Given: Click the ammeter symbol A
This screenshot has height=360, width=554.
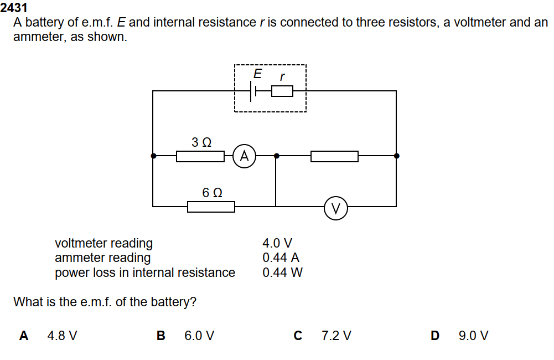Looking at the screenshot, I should (x=244, y=156).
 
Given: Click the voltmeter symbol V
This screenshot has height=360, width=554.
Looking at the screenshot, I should (x=335, y=208).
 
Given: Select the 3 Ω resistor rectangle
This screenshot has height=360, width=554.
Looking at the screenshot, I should (x=200, y=156).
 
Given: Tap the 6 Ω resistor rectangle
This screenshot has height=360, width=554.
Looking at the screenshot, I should (x=211, y=207).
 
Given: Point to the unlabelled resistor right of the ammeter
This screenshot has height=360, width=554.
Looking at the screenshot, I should (x=334, y=156).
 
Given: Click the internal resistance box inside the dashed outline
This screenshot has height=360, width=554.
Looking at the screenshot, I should (x=282, y=91).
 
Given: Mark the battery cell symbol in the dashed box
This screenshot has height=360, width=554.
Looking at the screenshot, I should (x=254, y=91).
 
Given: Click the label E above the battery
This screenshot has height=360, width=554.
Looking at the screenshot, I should (x=257, y=74).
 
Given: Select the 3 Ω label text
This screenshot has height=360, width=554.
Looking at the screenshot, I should (x=201, y=142).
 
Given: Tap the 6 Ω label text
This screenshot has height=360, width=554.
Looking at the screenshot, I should (x=213, y=193).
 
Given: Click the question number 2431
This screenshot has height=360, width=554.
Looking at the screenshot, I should (x=14, y=8).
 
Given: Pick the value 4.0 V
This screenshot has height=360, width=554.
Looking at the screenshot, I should (x=277, y=243).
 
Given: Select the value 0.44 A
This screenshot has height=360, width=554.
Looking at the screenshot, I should (x=281, y=258).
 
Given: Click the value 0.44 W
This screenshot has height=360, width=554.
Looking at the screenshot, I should (x=282, y=272).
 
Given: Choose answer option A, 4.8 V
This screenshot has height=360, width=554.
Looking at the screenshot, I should (x=62, y=336).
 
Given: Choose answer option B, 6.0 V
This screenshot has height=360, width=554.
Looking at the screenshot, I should (x=199, y=336).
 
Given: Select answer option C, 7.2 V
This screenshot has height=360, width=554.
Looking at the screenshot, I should (x=336, y=336).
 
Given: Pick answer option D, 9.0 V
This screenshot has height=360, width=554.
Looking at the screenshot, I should (x=473, y=336).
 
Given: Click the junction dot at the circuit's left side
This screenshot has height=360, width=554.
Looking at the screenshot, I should (x=153, y=156).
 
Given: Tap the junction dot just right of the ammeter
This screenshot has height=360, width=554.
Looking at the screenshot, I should (x=276, y=156).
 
